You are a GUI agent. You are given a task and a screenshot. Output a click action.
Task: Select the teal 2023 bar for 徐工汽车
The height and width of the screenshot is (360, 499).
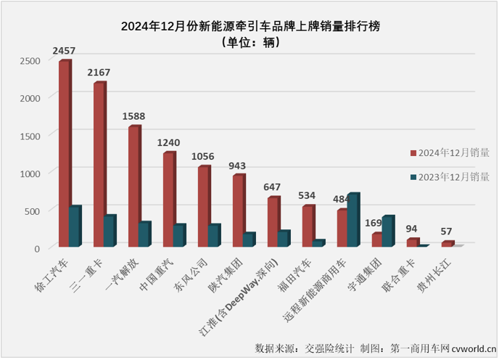pyautogui.click(x=74, y=227)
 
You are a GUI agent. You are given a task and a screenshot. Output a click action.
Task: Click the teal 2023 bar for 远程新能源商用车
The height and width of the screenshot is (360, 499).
pyautogui.click(x=352, y=221)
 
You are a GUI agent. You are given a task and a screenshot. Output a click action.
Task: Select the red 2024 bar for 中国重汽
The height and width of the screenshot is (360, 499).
pyautogui.click(x=169, y=200)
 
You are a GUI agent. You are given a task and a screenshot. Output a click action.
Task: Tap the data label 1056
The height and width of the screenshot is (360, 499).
pyautogui.click(x=203, y=156)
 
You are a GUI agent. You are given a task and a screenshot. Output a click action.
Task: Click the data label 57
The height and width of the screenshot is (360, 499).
pyautogui.click(x=447, y=232)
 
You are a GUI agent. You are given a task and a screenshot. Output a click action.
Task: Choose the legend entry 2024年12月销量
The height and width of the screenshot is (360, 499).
pyautogui.click(x=450, y=153)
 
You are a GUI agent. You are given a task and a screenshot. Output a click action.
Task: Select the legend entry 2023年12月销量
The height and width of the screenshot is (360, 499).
pyautogui.click(x=450, y=176)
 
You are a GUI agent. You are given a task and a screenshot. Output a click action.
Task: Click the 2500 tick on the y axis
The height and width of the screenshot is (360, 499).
pyautogui.click(x=32, y=60)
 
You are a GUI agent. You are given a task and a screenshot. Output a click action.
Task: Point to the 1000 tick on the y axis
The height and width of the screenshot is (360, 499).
pyautogui.click(x=32, y=173)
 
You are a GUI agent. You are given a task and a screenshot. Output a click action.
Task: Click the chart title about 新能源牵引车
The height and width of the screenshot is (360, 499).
pyautogui.click(x=250, y=27)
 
